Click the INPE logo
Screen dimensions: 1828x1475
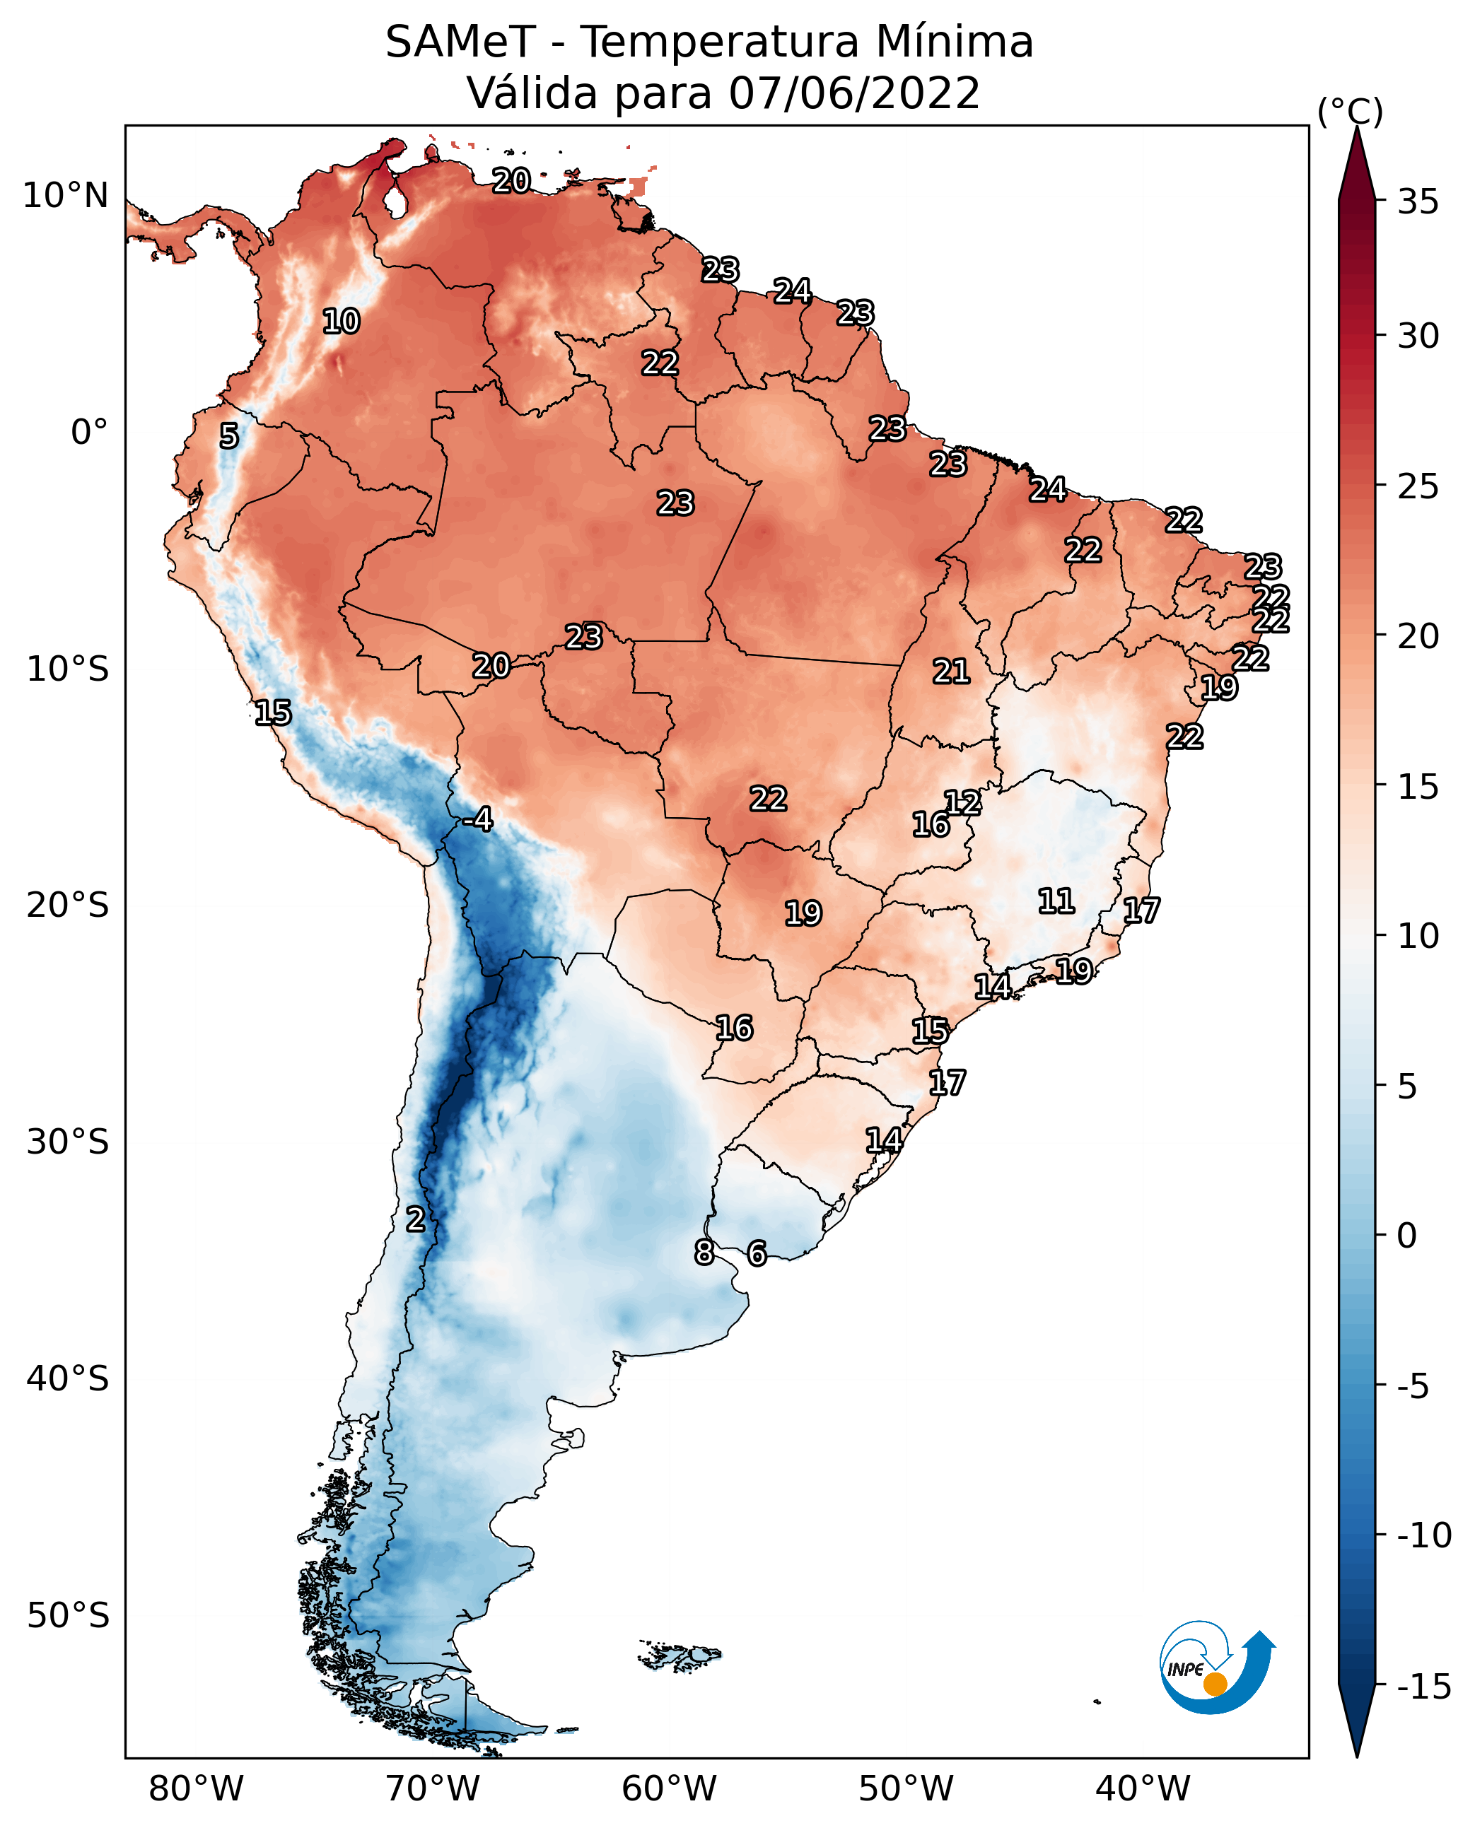(1217, 1668)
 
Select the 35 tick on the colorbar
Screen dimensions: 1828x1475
(1418, 201)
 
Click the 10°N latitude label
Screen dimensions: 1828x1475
(66, 197)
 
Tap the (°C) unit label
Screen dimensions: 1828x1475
(1349, 111)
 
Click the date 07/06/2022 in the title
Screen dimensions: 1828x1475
(854, 93)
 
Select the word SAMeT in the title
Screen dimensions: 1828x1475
(460, 42)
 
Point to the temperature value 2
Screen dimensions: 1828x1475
(414, 1219)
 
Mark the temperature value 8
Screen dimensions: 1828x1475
(704, 1252)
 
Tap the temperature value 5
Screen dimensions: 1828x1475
(228, 435)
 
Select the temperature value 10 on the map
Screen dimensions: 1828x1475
(341, 321)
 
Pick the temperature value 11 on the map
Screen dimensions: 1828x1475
(1056, 901)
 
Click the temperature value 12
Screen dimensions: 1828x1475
(962, 803)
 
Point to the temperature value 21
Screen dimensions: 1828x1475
(951, 672)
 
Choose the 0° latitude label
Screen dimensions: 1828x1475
(89, 433)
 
